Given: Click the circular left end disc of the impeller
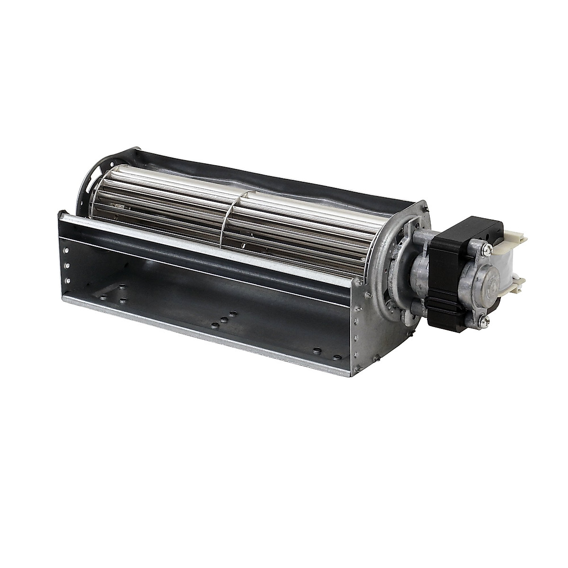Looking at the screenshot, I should pos(88,199).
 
